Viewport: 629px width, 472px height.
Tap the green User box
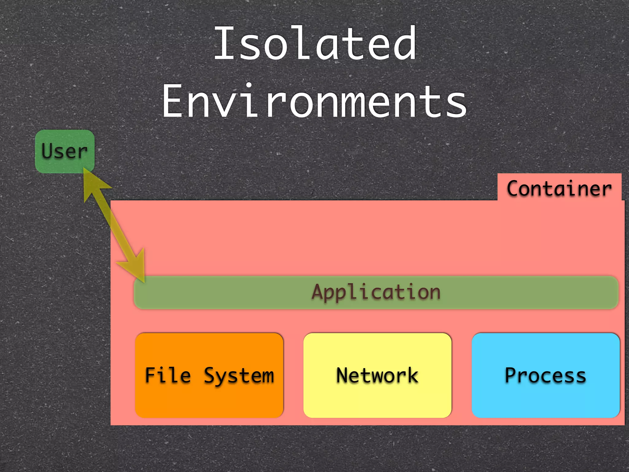[64, 151]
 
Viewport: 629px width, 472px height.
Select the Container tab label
[559, 188]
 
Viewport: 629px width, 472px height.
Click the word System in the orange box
[239, 376]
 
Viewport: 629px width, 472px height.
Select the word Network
[377, 375]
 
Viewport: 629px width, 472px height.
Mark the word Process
[545, 375]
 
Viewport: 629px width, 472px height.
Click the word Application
[376, 292]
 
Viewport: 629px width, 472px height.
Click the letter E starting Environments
[173, 101]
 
